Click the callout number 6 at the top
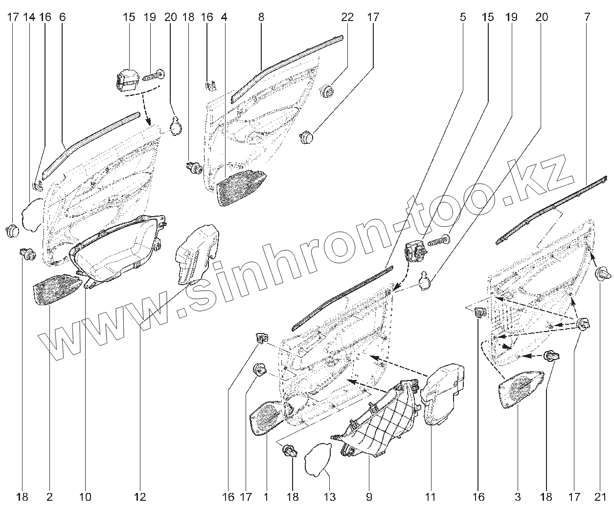pyautogui.click(x=62, y=17)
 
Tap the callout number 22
pyautogui.click(x=347, y=17)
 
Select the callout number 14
pyautogui.click(x=29, y=17)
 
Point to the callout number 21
pyautogui.click(x=599, y=497)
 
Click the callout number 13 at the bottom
pyautogui.click(x=330, y=497)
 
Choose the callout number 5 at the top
pyautogui.click(x=462, y=17)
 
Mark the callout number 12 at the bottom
pyautogui.click(x=139, y=497)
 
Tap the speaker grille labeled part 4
pyautogui.click(x=240, y=188)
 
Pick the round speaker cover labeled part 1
pyautogui.click(x=267, y=418)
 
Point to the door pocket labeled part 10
pyautogui.click(x=117, y=249)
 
